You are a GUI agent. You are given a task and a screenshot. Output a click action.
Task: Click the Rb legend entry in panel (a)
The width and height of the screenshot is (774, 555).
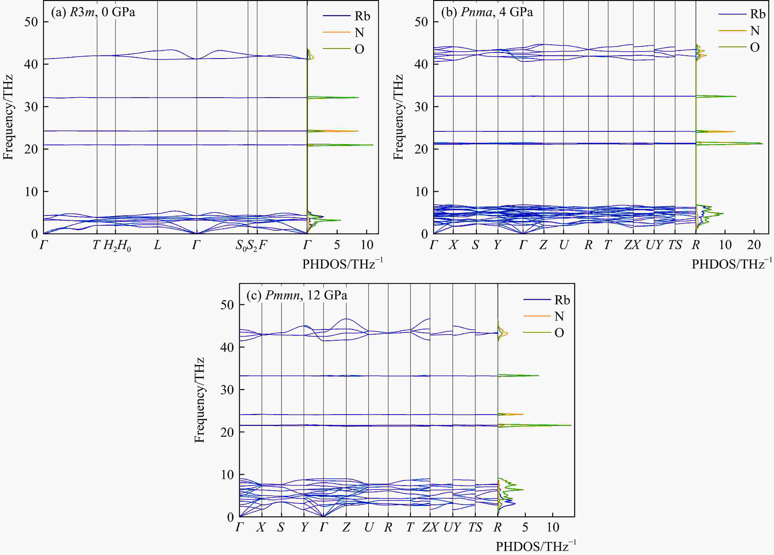tap(362, 16)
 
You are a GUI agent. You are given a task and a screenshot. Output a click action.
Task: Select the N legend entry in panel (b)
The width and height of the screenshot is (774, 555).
tap(755, 31)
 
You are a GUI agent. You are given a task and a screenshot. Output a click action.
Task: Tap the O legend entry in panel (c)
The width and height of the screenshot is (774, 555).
tap(559, 333)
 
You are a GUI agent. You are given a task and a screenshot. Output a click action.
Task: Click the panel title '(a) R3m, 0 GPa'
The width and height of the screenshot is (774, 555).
tap(93, 12)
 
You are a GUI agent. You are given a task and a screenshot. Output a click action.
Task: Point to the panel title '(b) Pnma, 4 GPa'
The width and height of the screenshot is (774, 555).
tap(487, 12)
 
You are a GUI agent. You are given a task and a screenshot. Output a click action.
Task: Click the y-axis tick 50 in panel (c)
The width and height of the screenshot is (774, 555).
tap(227, 305)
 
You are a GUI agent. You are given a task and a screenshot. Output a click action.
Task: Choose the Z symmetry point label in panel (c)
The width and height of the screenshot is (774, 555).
tap(346, 527)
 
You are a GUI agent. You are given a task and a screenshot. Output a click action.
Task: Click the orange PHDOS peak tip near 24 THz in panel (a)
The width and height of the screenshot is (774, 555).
tap(358, 131)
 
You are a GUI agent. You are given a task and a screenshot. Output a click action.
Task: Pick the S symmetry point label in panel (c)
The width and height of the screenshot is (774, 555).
tap(281, 527)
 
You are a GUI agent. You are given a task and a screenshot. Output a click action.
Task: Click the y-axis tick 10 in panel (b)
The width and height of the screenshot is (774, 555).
tap(421, 192)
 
